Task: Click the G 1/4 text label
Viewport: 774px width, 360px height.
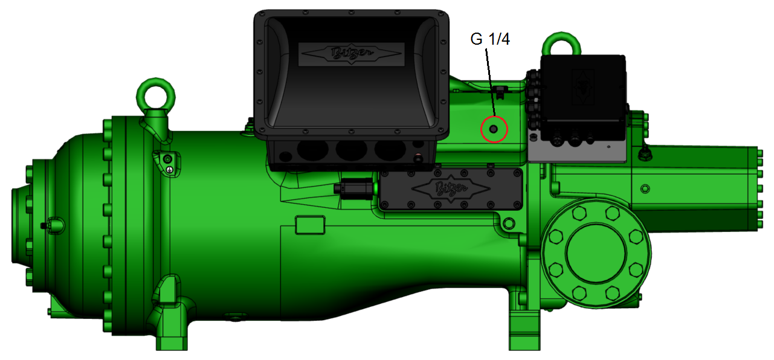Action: pos(490,40)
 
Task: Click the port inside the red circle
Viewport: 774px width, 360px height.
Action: pos(494,129)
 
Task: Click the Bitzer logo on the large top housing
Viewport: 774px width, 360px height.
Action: pos(351,54)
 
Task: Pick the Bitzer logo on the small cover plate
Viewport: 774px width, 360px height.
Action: pos(450,188)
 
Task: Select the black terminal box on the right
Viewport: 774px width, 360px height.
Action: pos(582,97)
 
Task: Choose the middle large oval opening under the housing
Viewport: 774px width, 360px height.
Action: pos(352,150)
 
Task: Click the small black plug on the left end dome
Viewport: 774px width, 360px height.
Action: pos(44,225)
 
